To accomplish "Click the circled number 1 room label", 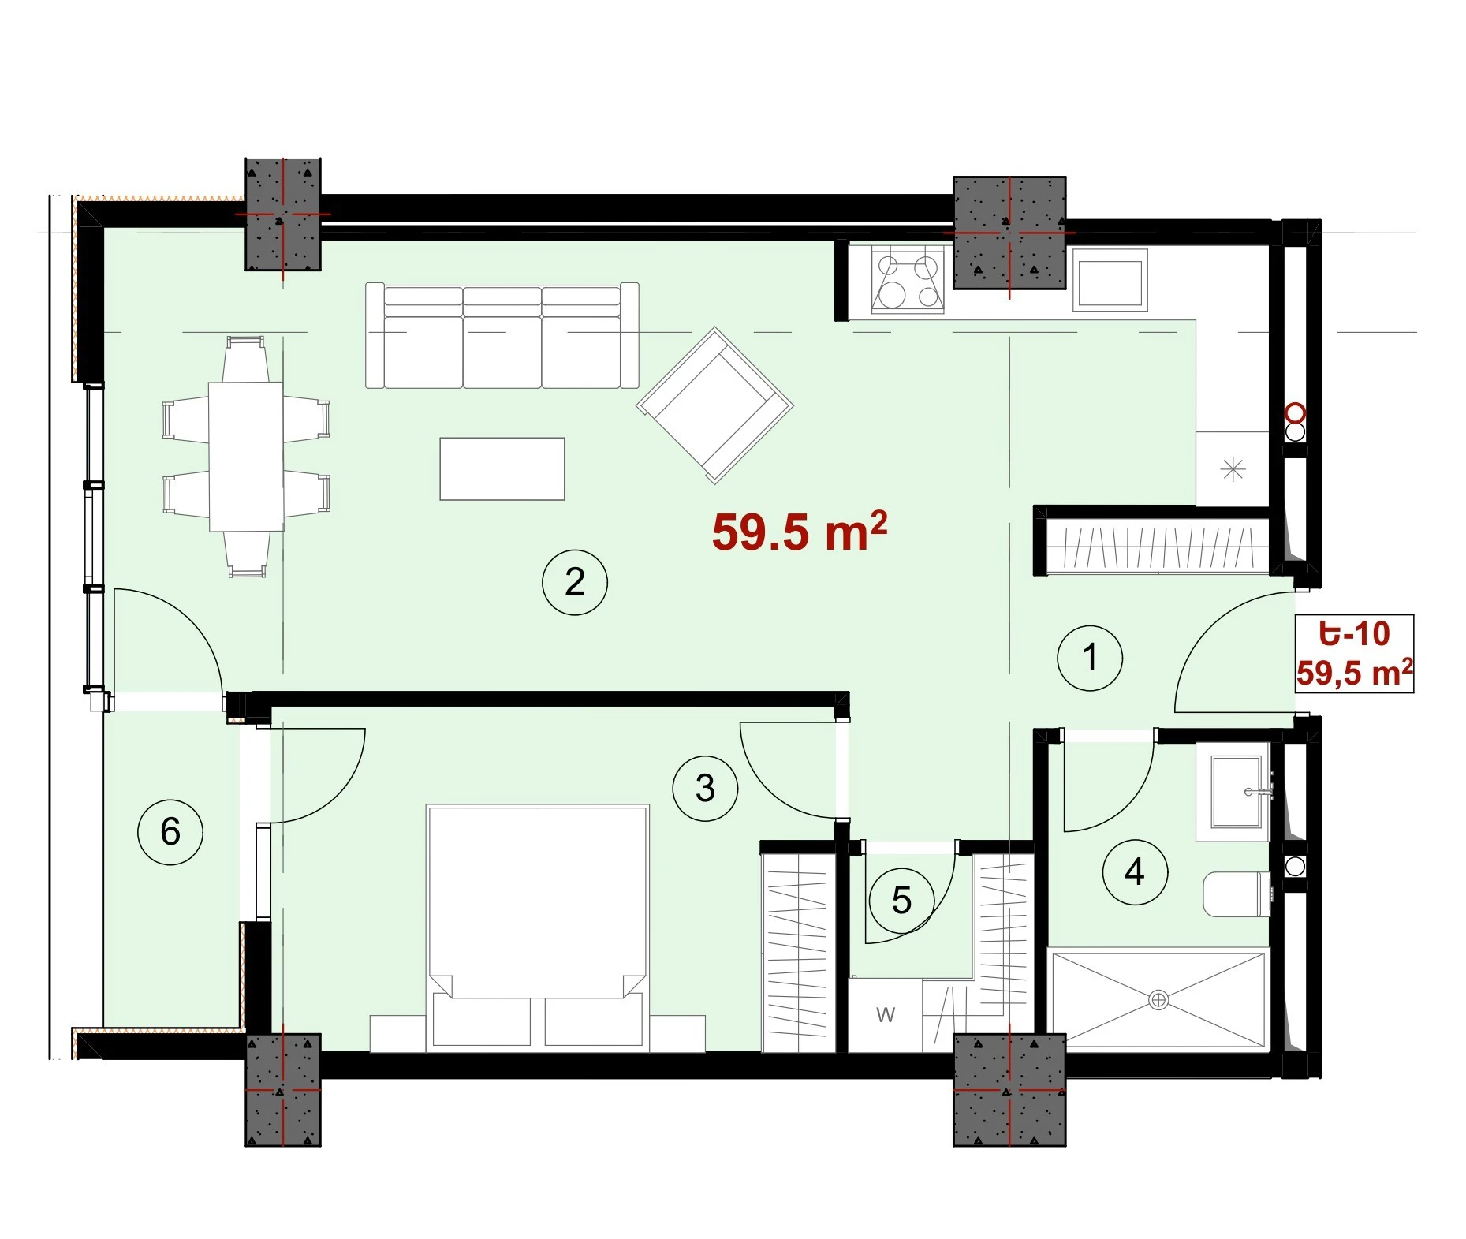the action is [x=1090, y=658].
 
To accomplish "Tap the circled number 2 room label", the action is [x=575, y=582].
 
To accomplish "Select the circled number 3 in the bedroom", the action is [x=705, y=788].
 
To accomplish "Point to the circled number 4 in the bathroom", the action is [x=1135, y=871].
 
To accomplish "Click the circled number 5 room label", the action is [x=901, y=900].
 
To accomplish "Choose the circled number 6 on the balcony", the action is [x=170, y=831].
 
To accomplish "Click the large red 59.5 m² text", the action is [x=799, y=532].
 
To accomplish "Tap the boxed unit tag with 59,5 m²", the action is [x=1354, y=654].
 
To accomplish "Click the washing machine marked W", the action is [x=885, y=1015].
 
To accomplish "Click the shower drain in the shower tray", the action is [x=1158, y=1000].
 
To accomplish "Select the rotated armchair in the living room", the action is [x=715, y=405].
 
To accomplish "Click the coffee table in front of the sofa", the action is [x=502, y=468].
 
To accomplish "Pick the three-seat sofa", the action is [x=502, y=335].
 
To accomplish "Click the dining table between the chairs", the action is [x=246, y=456].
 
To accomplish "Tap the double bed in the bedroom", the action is [x=537, y=927].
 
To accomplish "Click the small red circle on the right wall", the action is [x=1296, y=412].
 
